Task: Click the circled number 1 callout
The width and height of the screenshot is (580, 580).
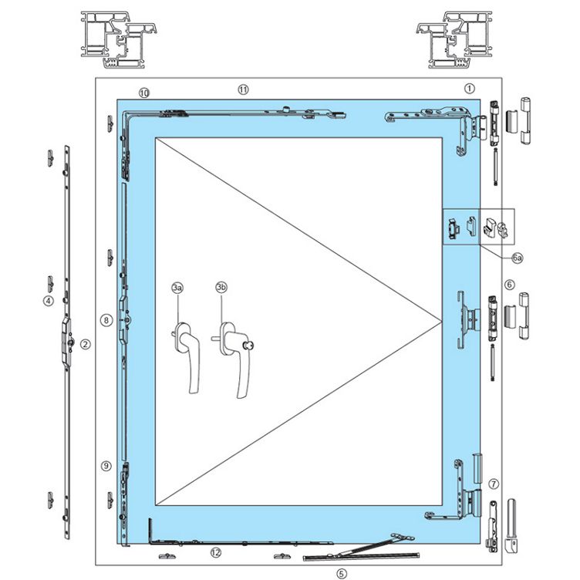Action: tap(469, 89)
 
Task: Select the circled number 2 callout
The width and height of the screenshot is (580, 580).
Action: tap(86, 344)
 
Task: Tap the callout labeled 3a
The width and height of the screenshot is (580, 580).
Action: tap(177, 288)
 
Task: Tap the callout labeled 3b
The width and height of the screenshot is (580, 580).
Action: tap(221, 287)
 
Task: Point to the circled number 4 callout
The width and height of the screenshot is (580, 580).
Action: tap(48, 301)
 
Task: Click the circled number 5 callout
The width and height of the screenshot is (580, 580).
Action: tap(342, 574)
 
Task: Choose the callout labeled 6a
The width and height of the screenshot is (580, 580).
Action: tap(518, 258)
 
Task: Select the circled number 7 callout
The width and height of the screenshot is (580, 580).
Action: tap(494, 484)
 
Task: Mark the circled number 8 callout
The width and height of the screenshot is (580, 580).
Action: tap(106, 320)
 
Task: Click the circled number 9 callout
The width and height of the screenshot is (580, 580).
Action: tap(106, 466)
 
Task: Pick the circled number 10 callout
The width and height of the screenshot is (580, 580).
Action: tap(144, 93)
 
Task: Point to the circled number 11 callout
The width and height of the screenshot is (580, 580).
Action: tap(243, 89)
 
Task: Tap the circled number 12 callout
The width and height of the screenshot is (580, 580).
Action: tap(216, 553)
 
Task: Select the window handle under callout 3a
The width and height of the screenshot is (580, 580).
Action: tap(186, 358)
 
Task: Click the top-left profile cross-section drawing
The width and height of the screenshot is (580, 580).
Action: tap(119, 39)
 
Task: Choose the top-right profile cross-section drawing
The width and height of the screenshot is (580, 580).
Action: tap(454, 39)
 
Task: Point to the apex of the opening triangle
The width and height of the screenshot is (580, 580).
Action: tap(443, 322)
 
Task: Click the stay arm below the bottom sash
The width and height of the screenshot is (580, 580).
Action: tap(361, 548)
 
